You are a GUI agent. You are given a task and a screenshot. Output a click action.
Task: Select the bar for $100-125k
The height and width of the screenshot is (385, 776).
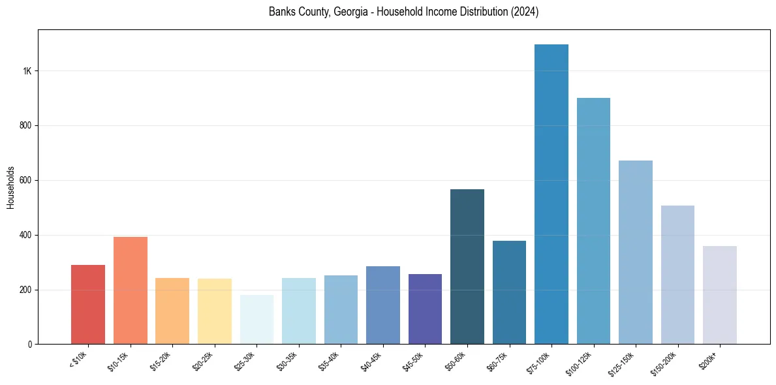click(x=593, y=221)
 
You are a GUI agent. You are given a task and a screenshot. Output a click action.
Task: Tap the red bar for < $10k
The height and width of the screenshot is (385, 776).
click(x=88, y=305)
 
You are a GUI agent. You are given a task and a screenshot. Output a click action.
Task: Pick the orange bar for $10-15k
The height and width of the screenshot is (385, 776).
click(x=131, y=290)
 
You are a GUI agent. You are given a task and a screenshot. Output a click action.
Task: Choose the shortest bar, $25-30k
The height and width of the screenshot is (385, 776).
click(x=256, y=320)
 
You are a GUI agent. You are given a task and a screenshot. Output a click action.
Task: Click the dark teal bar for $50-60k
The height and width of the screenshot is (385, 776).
click(x=467, y=267)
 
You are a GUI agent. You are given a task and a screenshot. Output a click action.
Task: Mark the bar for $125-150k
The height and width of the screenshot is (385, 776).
click(x=636, y=253)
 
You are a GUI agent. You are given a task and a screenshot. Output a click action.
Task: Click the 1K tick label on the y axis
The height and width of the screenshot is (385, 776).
click(x=27, y=71)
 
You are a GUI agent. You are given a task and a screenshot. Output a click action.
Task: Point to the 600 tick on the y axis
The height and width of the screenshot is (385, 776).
click(x=25, y=180)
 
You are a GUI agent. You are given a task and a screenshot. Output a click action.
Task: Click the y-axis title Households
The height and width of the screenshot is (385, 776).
click(x=10, y=187)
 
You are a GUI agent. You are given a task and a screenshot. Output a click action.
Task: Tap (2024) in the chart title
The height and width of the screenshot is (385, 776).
click(x=525, y=12)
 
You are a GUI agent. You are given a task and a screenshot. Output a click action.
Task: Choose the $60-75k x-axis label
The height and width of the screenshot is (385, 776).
click(x=499, y=361)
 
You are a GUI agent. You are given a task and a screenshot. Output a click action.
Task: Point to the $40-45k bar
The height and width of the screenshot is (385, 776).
click(x=383, y=305)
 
